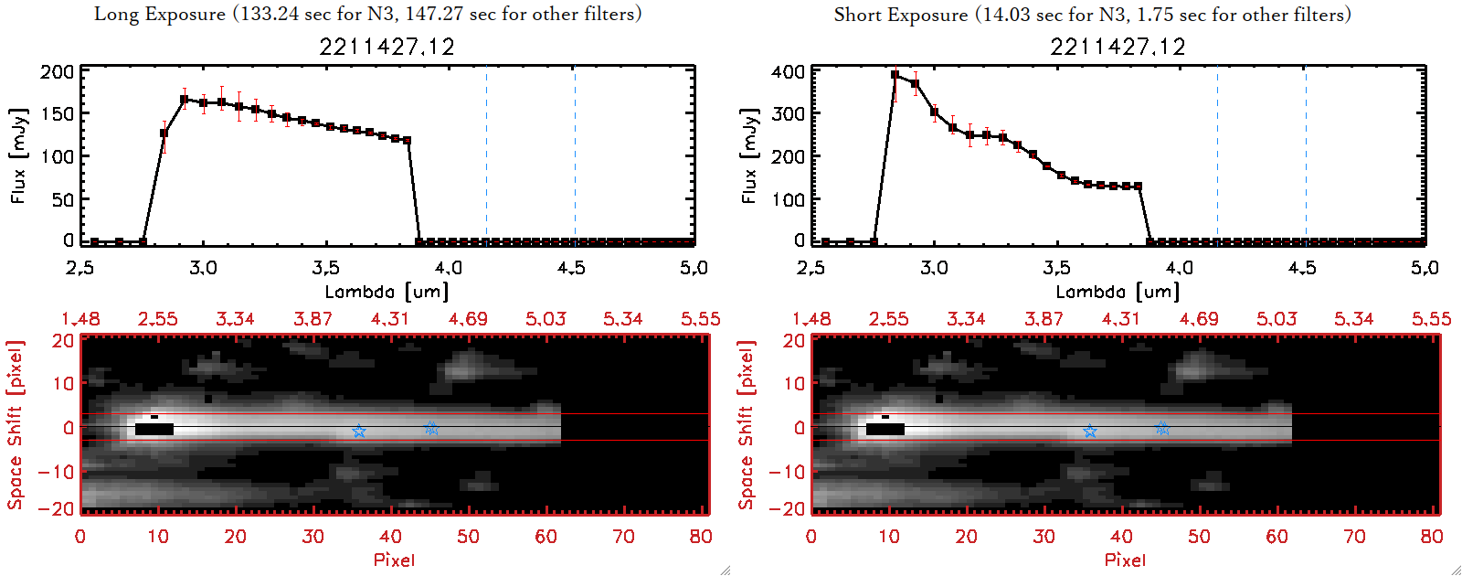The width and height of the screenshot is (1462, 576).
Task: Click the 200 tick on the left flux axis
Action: (57, 72)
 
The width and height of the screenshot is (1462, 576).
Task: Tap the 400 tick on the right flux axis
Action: (788, 72)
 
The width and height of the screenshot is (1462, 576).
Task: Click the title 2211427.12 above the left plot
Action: (387, 47)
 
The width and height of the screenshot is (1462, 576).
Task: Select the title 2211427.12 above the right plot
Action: (1118, 47)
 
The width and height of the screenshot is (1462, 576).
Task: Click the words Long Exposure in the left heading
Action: (160, 14)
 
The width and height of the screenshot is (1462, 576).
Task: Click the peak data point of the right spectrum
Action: (895, 75)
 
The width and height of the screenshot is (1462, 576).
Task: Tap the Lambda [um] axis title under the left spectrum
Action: (387, 292)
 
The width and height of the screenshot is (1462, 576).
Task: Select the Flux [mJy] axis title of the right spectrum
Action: (749, 155)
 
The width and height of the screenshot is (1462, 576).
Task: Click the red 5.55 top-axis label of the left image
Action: (700, 319)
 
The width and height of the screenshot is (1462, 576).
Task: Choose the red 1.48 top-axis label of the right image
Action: (811, 319)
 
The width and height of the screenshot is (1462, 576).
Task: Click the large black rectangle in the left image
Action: (154, 429)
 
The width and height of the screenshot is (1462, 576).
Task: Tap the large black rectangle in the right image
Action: (885, 429)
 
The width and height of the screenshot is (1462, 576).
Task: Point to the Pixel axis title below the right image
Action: (1125, 560)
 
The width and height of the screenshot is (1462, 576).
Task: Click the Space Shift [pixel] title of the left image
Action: (15, 425)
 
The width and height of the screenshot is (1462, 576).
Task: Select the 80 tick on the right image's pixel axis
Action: (1432, 537)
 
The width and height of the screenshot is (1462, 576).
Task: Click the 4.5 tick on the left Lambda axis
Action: (571, 268)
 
